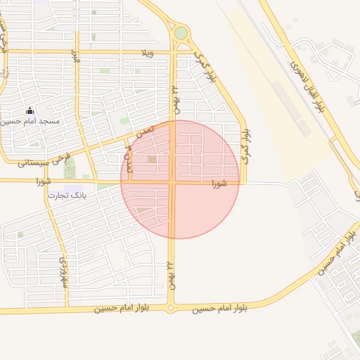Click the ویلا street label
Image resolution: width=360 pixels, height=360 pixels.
pos(147,53)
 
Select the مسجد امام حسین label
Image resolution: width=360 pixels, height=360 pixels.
pos(30,122)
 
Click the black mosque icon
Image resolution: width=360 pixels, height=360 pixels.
pos(30,110)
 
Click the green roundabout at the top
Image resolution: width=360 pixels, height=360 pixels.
pos(181,32)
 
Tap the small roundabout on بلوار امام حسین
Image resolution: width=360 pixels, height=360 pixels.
pos(171,308)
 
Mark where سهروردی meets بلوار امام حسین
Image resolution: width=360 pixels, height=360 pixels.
pos(67,309)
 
